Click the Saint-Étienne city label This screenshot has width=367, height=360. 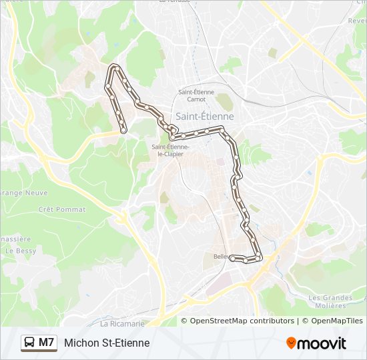(204, 116)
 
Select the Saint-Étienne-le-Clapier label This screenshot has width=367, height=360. (171, 150)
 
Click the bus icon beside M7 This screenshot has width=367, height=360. (29, 343)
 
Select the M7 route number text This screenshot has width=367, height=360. (47, 343)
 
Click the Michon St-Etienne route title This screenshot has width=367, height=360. (107, 343)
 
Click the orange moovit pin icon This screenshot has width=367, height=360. (292, 343)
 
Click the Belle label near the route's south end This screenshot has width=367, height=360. (221, 256)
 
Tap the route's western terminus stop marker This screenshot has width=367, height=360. (123, 130)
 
